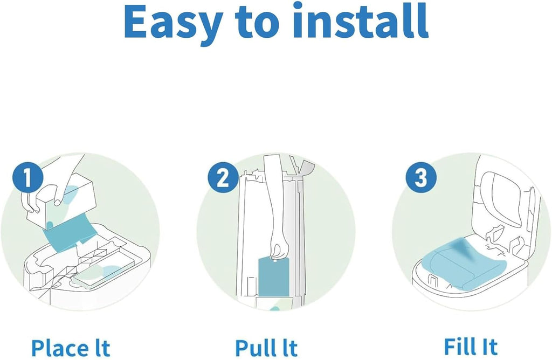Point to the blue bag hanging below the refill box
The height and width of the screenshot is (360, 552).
[67, 233]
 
